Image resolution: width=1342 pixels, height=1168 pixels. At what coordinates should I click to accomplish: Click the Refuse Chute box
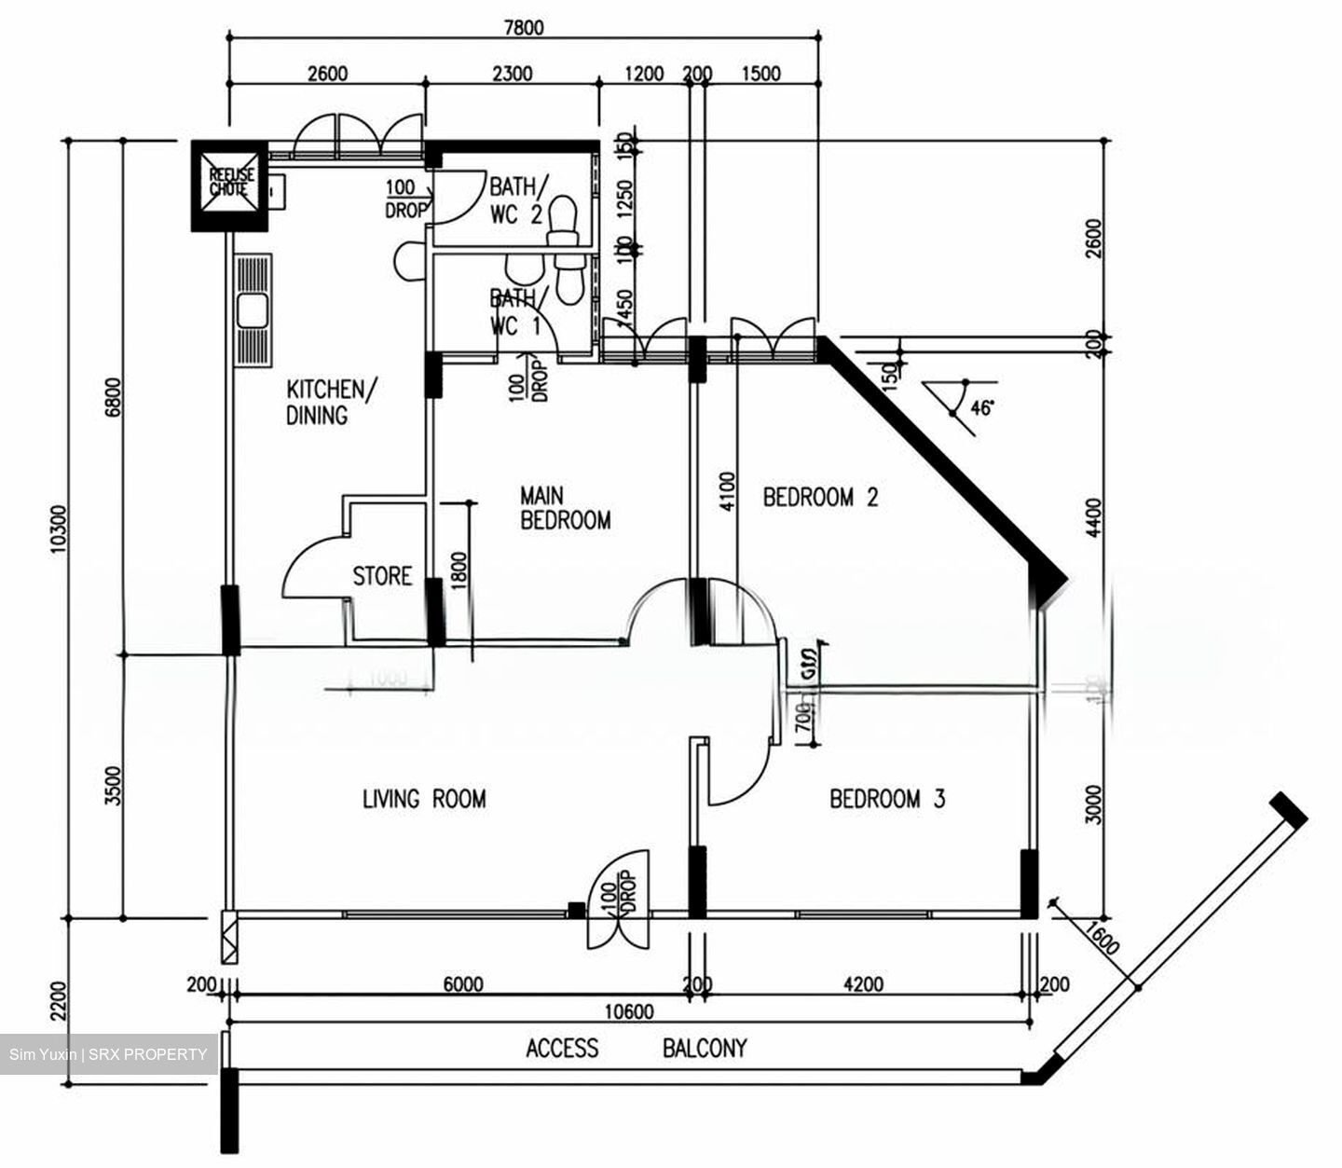[228, 186]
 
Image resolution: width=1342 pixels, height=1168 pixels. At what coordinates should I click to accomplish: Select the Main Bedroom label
[565, 508]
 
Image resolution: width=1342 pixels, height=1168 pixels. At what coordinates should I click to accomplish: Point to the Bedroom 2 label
[820, 497]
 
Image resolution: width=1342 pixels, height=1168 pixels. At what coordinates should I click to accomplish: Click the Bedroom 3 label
[887, 799]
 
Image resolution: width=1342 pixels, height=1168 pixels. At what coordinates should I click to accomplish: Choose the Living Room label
[424, 799]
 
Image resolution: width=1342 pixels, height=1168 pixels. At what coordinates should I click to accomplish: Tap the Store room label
[382, 576]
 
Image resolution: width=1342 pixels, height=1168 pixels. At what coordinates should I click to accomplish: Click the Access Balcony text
[637, 1049]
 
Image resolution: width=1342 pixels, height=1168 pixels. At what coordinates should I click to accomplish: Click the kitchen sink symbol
[253, 310]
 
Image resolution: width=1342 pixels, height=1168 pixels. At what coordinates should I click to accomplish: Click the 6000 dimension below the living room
[462, 984]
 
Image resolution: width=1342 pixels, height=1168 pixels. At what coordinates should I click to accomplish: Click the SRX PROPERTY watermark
[108, 1054]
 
